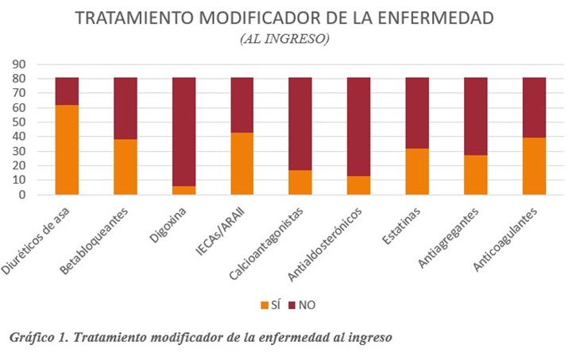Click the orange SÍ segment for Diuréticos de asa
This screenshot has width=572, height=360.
[x=67, y=149]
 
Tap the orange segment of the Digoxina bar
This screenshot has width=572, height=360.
[x=184, y=190]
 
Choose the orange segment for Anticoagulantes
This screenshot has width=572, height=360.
[x=534, y=166]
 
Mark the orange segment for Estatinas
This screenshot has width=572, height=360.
[x=417, y=171]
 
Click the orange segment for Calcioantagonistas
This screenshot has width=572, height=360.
[x=300, y=182]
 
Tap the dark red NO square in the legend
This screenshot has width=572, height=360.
[x=292, y=304]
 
